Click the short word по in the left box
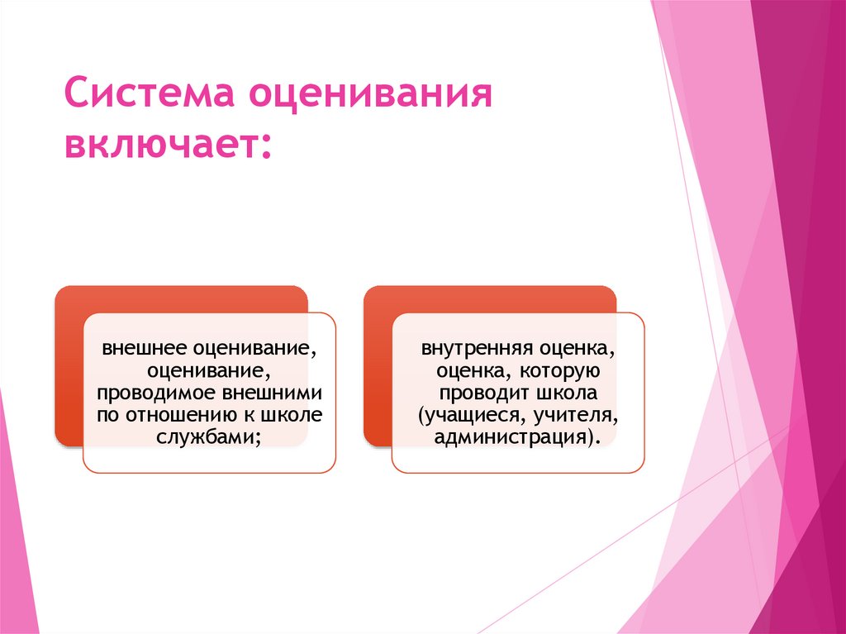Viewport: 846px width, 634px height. click(109, 415)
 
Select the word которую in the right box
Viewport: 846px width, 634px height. click(554, 369)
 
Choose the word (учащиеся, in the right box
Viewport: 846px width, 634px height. click(464, 415)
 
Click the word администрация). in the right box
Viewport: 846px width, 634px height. click(516, 438)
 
